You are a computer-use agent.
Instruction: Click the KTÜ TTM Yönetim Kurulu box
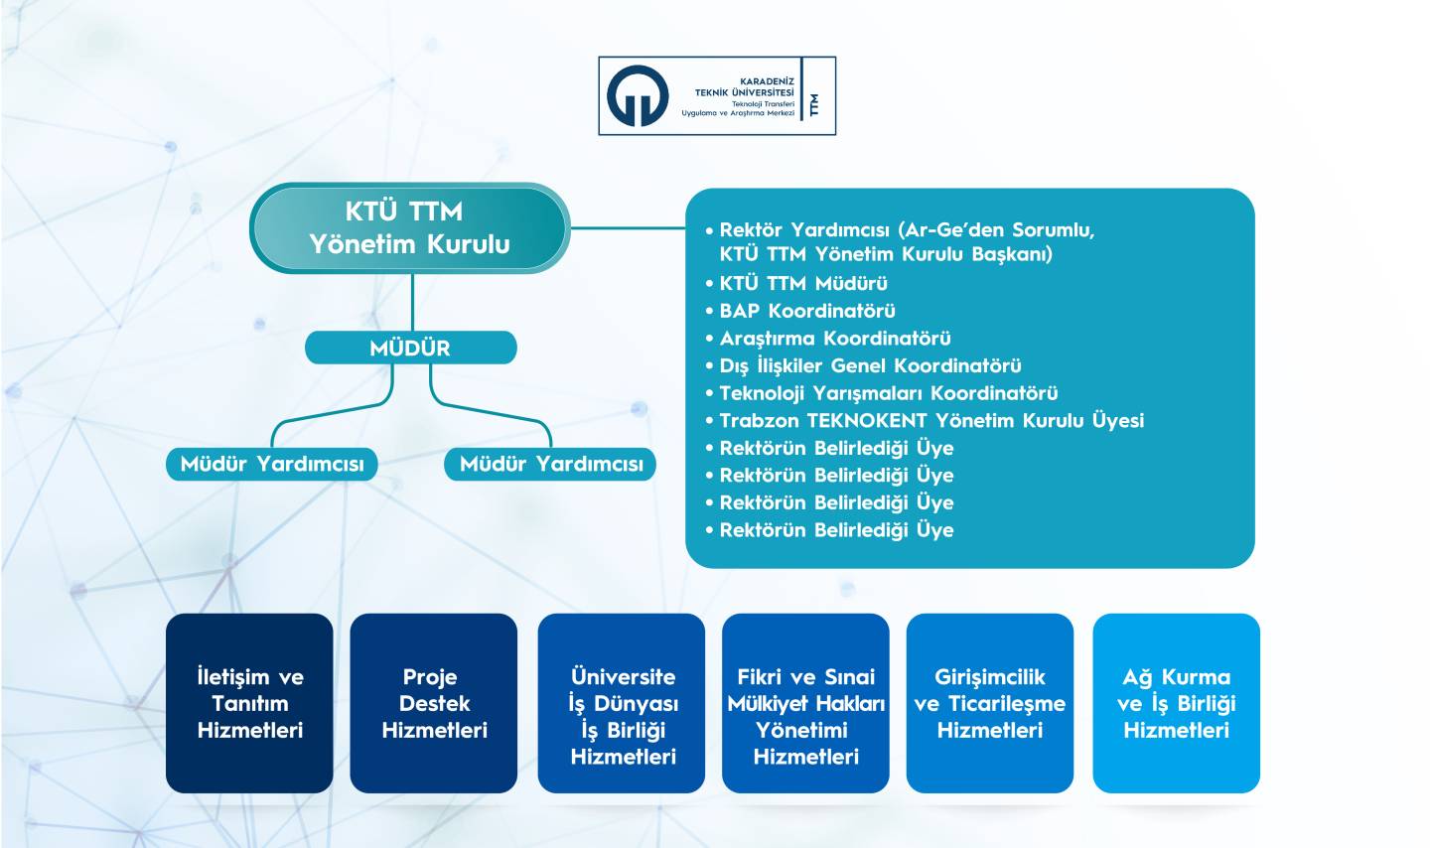click(x=410, y=228)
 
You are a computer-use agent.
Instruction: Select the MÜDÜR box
click(x=410, y=348)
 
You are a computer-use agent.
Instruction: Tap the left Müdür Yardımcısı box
click(x=272, y=464)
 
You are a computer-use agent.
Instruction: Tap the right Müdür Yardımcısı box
click(x=550, y=464)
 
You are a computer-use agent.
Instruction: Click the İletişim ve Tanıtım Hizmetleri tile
click(x=249, y=703)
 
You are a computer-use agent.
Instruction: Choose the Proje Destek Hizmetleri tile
click(x=433, y=703)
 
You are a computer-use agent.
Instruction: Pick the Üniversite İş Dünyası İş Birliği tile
click(x=622, y=703)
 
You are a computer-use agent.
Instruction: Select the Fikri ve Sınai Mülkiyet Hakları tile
click(x=805, y=703)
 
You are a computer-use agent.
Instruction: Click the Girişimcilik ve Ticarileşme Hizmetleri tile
click(x=989, y=703)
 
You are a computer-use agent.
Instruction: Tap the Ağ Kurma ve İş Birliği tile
click(x=1177, y=703)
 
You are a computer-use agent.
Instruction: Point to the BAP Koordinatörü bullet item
click(x=800, y=311)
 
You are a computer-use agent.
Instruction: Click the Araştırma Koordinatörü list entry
click(x=828, y=339)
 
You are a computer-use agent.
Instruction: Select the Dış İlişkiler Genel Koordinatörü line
click(x=863, y=365)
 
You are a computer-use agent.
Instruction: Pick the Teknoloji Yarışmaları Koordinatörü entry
click(x=882, y=393)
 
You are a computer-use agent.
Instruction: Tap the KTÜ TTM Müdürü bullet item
click(x=796, y=283)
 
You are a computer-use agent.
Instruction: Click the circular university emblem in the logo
click(x=638, y=95)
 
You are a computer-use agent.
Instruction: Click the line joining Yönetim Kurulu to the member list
click(x=628, y=227)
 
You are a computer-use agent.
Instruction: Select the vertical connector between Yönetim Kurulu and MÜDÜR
click(x=412, y=302)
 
